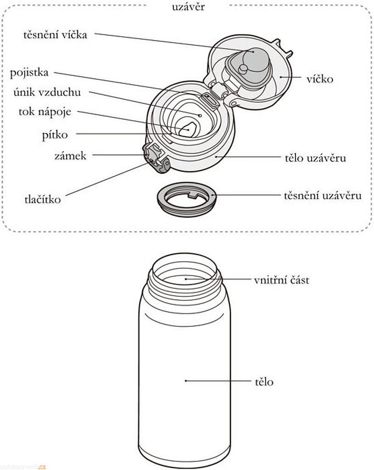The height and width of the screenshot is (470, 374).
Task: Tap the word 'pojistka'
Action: point(29,73)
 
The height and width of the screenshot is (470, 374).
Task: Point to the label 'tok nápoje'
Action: point(45,112)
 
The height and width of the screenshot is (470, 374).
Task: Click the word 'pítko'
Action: point(55,135)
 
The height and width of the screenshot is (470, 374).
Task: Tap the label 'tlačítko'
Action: point(42,200)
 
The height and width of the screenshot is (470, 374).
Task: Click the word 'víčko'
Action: point(320,79)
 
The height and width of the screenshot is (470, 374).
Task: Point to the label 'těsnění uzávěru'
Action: point(323,196)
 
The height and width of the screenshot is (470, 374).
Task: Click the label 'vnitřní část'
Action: point(281,280)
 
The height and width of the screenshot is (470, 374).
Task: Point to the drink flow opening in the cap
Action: point(188,130)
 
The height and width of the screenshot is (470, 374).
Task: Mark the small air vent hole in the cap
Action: point(201,115)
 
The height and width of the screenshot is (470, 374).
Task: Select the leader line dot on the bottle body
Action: point(185,380)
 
